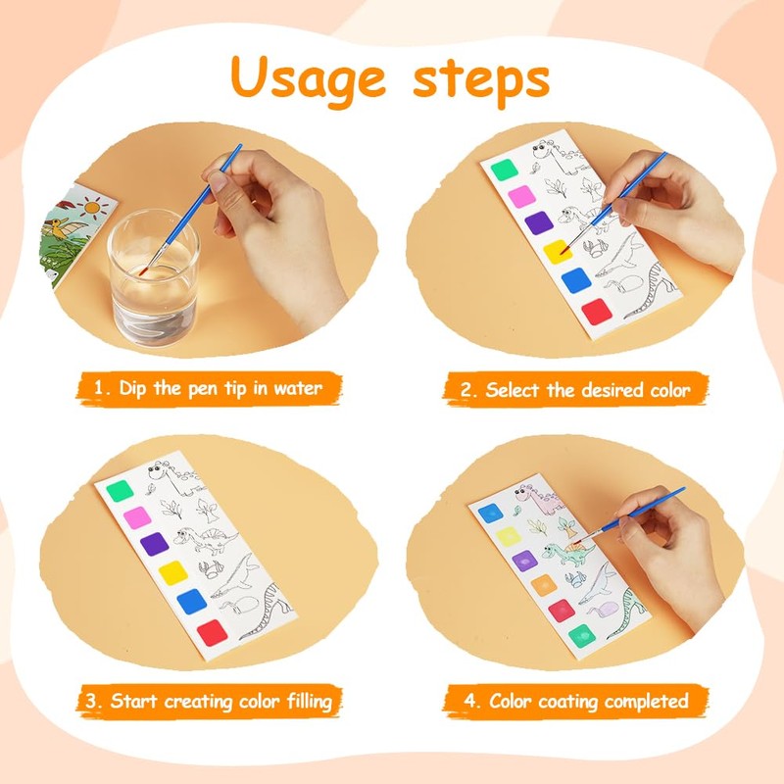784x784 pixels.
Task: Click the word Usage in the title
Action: pos(308,79)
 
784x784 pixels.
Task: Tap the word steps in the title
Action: pos(481,80)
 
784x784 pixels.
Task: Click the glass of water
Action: pos(154,278)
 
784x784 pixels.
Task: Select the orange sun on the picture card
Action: pos(92,207)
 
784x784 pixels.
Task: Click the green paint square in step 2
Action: pos(504,170)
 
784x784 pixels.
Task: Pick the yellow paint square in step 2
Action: pos(558,252)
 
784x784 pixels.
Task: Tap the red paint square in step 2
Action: pos(597,312)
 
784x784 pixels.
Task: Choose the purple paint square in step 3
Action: pos(155,544)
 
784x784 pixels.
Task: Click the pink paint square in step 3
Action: pos(137,517)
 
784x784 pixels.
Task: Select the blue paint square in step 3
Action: pos(191,602)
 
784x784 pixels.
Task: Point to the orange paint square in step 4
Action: pos(544,585)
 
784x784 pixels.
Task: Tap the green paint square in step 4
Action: pos(582,636)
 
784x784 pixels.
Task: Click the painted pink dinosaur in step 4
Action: pos(542,499)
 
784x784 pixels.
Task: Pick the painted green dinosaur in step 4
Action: pos(568,553)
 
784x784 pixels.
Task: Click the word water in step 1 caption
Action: pos(298,388)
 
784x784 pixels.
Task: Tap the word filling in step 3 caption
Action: pos(310,702)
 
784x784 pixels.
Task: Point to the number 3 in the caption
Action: pos(91,701)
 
